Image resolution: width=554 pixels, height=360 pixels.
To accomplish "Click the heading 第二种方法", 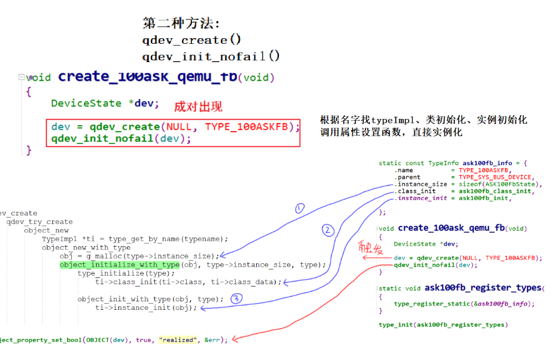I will (180, 23).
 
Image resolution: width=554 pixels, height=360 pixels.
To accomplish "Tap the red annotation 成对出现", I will (198, 106).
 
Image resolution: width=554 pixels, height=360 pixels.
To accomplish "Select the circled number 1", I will (300, 208).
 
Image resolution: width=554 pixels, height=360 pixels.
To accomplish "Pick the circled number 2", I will (327, 230).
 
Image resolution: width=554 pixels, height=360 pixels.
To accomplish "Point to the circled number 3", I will (236, 297).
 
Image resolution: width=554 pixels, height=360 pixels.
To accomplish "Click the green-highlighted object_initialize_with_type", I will (120, 264).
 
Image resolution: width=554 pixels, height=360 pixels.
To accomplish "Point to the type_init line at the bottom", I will (442, 325).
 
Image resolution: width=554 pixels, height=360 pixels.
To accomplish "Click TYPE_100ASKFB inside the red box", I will (250, 126).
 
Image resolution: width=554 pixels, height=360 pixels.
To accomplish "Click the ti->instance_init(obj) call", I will (146, 308).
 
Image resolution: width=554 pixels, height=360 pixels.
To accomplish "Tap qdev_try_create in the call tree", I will (40, 222).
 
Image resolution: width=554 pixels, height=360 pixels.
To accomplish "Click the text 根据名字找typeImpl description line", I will (424, 120).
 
